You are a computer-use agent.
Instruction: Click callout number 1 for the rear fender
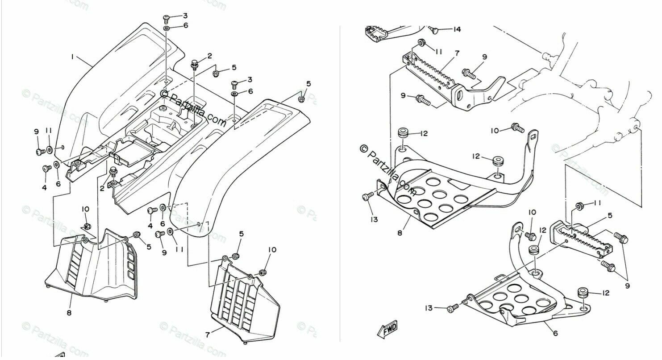point(71,57)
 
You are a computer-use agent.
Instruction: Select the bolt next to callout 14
point(433,30)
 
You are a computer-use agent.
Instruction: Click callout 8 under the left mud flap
point(69,313)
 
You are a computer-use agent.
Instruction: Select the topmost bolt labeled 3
point(166,18)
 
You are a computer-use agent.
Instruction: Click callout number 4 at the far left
point(44,188)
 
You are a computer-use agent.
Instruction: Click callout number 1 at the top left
point(71,57)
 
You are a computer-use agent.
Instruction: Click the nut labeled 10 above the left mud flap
point(86,225)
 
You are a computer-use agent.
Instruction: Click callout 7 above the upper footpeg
point(457,53)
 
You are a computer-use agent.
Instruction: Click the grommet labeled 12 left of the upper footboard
point(403,133)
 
